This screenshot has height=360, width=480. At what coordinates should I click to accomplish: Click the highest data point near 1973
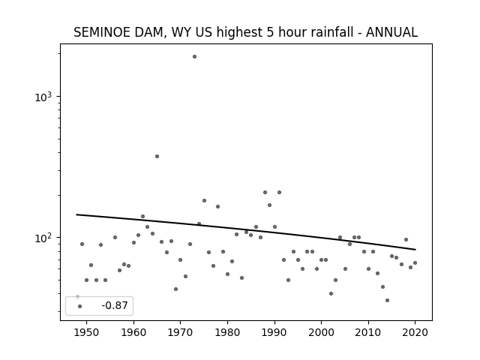[194, 57]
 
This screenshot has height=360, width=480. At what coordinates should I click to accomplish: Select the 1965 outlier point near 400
[157, 157]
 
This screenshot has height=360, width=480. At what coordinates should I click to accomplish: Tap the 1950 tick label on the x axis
[87, 332]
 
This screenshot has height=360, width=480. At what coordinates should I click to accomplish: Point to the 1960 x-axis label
[133, 332]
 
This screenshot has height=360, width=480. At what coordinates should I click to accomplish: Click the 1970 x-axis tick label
[181, 332]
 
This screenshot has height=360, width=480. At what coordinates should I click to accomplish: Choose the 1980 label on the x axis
[227, 332]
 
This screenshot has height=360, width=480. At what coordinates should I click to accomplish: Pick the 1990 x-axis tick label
[274, 332]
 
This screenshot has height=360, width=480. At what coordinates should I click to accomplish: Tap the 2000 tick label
[322, 332]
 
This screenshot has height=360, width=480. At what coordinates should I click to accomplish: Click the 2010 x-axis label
[368, 332]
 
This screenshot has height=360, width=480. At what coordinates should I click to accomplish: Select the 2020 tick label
[415, 332]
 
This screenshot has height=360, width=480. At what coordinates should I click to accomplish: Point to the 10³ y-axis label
[43, 97]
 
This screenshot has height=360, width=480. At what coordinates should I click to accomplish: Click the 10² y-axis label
[43, 238]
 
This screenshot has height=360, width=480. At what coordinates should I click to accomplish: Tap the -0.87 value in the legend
[115, 305]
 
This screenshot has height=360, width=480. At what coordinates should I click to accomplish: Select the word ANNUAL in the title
[391, 32]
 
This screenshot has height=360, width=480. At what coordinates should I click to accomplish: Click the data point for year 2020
[415, 263]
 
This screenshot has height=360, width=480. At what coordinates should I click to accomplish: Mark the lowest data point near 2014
[387, 300]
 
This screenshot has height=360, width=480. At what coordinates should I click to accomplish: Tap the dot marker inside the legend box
[80, 307]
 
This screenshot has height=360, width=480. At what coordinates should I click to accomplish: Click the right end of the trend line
[415, 250]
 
